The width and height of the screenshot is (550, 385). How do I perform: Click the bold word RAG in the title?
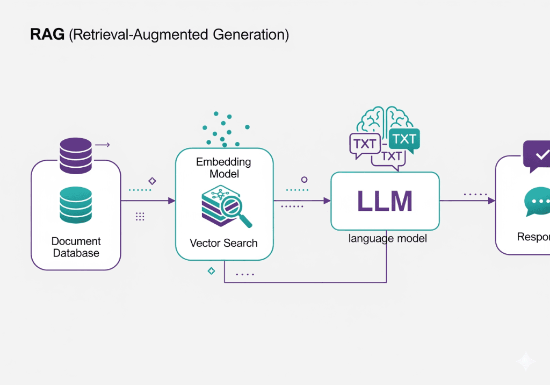tap(48, 35)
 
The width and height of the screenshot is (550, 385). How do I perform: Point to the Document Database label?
tap(76, 247)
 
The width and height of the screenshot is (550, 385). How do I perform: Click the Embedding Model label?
tap(223, 168)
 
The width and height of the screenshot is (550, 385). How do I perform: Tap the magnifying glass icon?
tap(239, 211)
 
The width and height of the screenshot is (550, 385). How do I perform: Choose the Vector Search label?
tap(223, 243)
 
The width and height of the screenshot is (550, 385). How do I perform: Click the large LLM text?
tap(385, 201)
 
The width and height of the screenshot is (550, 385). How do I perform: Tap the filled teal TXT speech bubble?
tap(404, 140)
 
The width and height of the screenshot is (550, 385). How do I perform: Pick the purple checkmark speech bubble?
tap(537, 155)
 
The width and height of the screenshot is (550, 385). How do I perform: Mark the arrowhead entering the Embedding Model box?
tap(172, 201)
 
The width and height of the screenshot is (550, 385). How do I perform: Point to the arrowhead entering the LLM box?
tap(327, 201)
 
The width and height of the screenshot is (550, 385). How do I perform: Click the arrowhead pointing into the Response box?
tap(491, 201)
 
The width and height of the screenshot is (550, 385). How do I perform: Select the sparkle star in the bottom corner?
tap(526, 361)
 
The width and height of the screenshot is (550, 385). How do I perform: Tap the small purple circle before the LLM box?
tap(305, 180)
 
